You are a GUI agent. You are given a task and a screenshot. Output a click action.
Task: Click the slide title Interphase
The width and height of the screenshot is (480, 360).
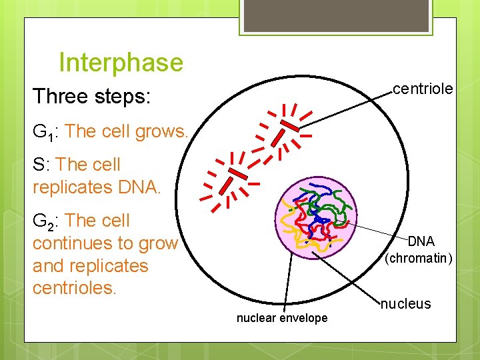(121, 63)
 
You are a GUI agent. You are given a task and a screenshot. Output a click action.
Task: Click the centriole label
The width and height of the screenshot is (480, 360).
(423, 89)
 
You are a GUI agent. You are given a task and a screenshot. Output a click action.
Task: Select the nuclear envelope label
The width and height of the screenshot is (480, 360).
(282, 318)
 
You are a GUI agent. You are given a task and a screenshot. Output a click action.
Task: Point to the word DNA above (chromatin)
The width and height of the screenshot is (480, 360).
(421, 241)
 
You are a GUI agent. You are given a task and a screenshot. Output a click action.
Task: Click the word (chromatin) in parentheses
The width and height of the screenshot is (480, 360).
(419, 257)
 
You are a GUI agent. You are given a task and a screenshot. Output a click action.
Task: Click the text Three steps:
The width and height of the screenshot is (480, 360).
(93, 97)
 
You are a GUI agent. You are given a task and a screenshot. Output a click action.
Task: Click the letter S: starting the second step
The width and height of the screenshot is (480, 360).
(42, 165)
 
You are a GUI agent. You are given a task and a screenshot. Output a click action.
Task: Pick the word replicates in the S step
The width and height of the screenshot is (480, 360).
(73, 187)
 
